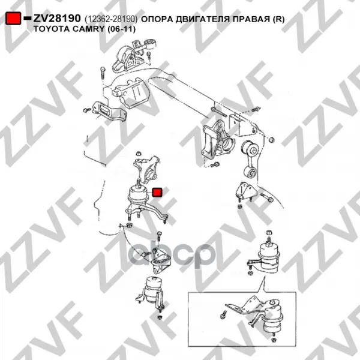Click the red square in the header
pos(13,18)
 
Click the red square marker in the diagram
pos(157,192)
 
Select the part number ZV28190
pos(57,19)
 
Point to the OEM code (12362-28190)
pos(111,19)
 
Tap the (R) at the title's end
pos(278,19)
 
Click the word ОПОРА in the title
pos(157,19)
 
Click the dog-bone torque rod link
pos(250,159)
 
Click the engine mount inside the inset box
pos(271,317)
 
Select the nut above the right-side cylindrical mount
pos(269,233)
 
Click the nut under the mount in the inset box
pos(273,340)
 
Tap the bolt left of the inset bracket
pos(223,314)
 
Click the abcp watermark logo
pos(172,255)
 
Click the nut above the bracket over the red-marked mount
pos(138,154)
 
